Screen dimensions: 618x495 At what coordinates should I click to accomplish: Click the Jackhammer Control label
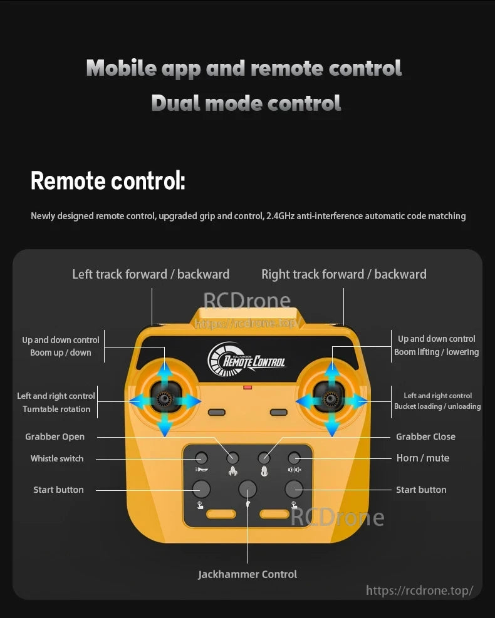(x=247, y=574)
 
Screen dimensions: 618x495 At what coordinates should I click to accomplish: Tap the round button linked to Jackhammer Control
(x=247, y=489)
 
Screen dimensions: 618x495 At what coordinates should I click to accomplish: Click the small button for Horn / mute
(x=294, y=458)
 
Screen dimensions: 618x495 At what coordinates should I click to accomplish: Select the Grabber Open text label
(x=55, y=436)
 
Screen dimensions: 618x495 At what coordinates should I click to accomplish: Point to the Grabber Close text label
(x=425, y=436)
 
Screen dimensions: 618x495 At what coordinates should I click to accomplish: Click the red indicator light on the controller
(x=247, y=388)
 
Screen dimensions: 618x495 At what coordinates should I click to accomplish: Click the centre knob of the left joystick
(x=165, y=399)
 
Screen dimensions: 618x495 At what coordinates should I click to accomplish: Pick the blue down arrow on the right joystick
(x=332, y=426)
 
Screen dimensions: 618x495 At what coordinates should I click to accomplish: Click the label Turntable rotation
(x=56, y=409)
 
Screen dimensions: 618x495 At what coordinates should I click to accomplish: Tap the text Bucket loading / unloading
(x=437, y=406)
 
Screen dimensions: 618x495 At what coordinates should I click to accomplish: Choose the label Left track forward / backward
(x=150, y=274)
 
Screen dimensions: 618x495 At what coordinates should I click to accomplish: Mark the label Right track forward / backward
(x=343, y=274)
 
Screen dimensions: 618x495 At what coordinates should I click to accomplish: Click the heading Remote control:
(x=108, y=181)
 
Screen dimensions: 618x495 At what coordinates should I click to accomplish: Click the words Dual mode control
(x=246, y=103)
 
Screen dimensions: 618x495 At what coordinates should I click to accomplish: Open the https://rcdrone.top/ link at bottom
(x=419, y=590)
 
